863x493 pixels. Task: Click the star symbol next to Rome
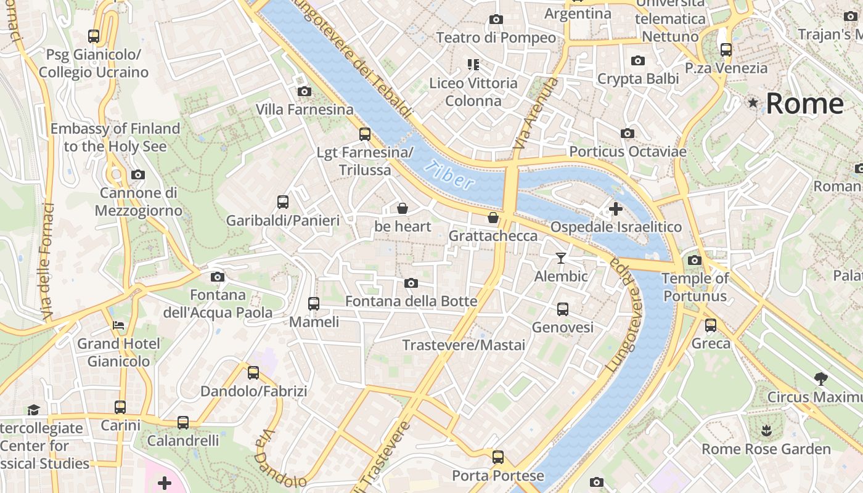(753, 103)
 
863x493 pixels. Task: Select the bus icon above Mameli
(314, 303)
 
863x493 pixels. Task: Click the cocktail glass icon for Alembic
(560, 258)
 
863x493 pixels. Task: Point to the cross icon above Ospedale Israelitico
(615, 209)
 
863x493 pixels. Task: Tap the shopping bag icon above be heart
(403, 208)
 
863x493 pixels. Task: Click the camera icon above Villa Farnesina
(304, 92)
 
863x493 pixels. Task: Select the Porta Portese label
(498, 476)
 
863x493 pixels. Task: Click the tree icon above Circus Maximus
(820, 378)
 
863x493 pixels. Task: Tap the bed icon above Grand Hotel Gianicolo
(118, 325)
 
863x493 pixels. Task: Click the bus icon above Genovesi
(562, 309)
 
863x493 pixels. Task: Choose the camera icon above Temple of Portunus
(695, 260)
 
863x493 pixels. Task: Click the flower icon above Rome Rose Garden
(766, 430)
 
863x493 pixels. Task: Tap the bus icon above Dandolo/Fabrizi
(253, 372)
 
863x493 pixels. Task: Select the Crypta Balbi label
(638, 79)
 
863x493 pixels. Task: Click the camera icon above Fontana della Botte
(411, 283)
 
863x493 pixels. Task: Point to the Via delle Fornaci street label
(48, 262)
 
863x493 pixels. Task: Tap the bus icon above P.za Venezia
(726, 50)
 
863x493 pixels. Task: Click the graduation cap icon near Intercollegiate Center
(33, 410)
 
